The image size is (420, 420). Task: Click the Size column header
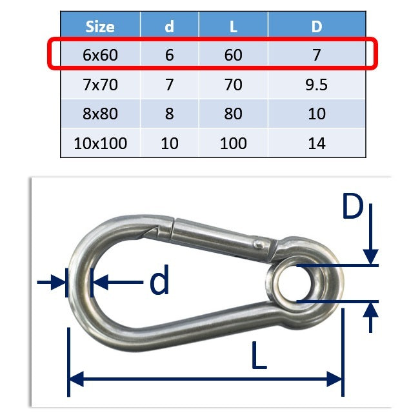100,27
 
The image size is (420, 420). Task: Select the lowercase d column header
169,26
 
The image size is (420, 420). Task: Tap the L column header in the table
234,27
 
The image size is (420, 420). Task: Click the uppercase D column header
317,27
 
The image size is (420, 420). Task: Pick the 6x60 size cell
100,55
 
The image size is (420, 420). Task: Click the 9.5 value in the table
316,85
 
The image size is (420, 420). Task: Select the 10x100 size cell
100,143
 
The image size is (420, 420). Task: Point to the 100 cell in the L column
234,143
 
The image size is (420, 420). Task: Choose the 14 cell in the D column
317,143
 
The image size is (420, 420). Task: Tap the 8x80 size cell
100,114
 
